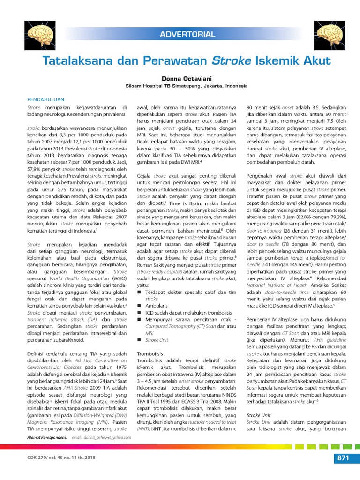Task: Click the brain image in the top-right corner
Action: pyautogui.click(x=331, y=37)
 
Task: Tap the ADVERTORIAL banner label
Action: pyautogui.click(x=187, y=34)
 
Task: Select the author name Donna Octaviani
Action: pyautogui.click(x=180, y=78)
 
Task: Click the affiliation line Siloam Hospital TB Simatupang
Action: pyautogui.click(x=180, y=86)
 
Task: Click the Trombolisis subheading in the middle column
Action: pyautogui.click(x=150, y=353)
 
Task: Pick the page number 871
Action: pyautogui.click(x=342, y=458)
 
